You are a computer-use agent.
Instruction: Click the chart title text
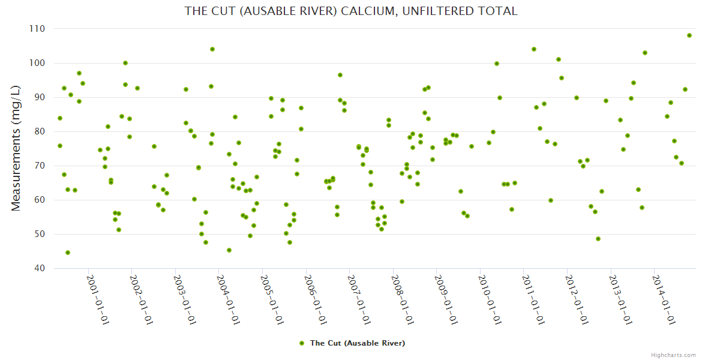(x=350, y=11)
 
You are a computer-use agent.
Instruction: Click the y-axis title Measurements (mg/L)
(x=16, y=148)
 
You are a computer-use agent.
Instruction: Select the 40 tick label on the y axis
(x=40, y=268)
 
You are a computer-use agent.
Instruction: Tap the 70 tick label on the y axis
(x=40, y=166)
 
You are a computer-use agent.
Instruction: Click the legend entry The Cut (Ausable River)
(x=357, y=343)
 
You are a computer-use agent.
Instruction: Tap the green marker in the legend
(x=302, y=343)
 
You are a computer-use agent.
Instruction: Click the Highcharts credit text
(x=673, y=355)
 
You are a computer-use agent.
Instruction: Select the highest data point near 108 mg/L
(x=689, y=35)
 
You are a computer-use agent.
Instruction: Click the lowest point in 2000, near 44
(x=68, y=253)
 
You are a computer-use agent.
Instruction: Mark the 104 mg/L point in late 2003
(x=212, y=49)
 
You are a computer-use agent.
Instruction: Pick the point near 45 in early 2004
(x=229, y=250)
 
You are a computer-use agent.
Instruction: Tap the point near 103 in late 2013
(x=645, y=53)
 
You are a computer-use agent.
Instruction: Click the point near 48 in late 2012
(x=598, y=239)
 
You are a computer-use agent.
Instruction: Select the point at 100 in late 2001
(x=125, y=63)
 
